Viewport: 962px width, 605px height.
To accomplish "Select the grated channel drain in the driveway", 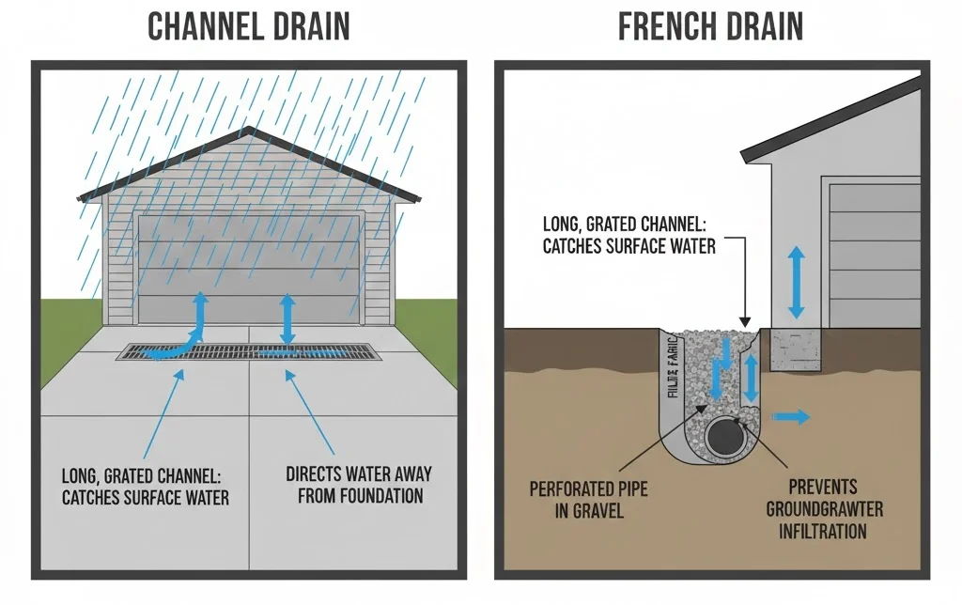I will click(x=248, y=353).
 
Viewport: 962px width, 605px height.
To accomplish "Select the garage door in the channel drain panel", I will click(x=250, y=268).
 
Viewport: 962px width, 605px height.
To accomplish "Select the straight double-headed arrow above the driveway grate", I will click(x=289, y=320).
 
